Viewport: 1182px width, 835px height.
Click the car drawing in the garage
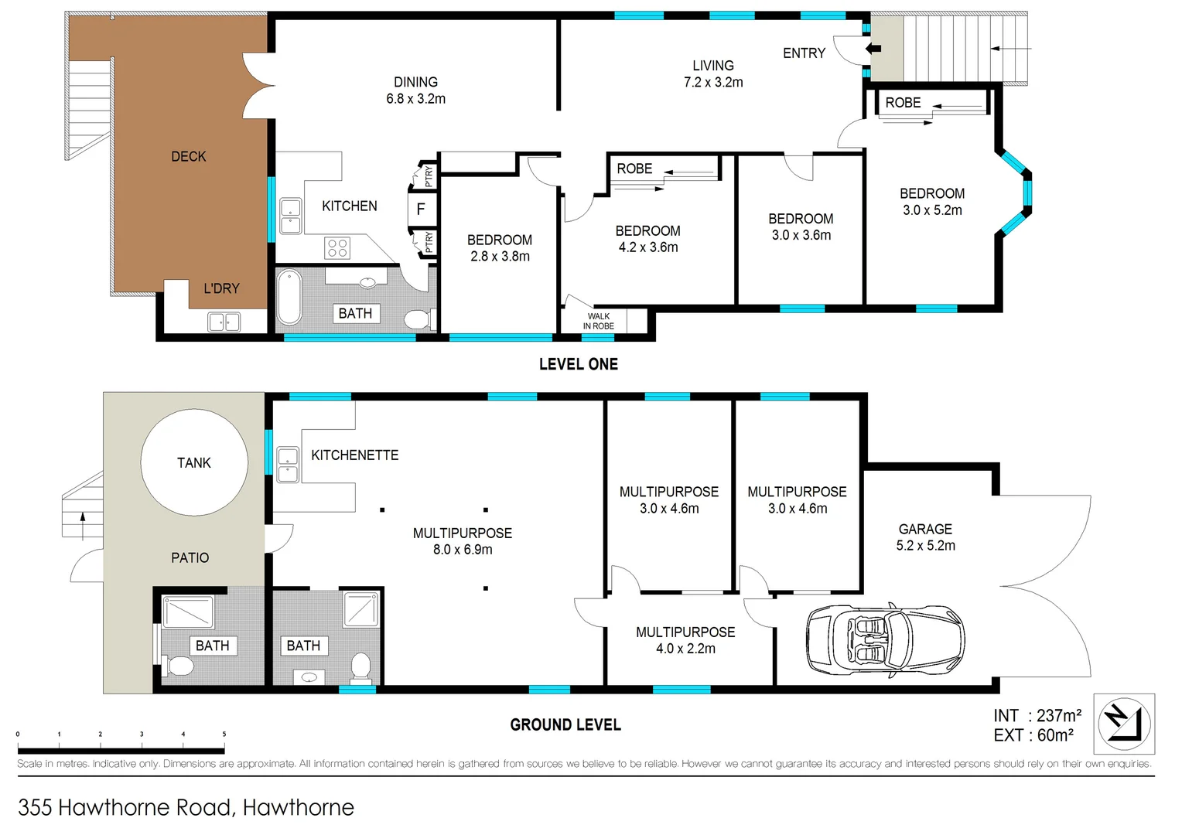coord(886,639)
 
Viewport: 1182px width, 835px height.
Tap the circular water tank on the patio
coord(194,462)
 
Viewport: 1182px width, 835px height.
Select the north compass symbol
coord(1124,724)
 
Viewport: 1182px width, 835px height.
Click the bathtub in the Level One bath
coord(289,297)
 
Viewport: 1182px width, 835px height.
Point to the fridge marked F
coord(421,209)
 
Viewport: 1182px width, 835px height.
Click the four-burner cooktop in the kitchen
coord(337,248)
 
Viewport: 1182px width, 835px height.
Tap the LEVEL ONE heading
coord(579,364)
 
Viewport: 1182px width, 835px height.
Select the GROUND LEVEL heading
coord(565,725)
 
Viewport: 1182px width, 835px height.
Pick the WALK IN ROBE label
coord(599,321)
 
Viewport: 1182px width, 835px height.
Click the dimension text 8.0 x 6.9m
coord(463,550)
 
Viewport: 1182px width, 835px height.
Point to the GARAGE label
coord(925,529)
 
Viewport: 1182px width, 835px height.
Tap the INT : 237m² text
coord(1037,716)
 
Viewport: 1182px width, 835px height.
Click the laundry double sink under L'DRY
coord(224,321)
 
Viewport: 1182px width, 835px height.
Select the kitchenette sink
coord(288,464)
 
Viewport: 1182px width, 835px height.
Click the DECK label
coord(189,156)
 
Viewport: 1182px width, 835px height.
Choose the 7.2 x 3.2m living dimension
coord(713,82)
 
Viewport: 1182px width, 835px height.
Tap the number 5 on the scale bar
coord(224,734)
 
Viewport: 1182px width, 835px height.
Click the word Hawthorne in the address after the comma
coord(299,807)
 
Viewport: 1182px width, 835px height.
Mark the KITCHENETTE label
coord(355,455)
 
